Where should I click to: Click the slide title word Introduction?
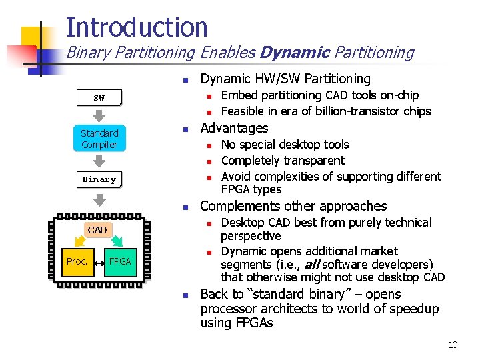coord(137,27)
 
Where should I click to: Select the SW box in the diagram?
coord(99,98)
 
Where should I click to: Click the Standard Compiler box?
coord(99,139)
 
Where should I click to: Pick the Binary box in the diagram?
coord(99,179)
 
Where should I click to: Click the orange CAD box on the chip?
coord(97,230)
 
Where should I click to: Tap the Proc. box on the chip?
coord(77,261)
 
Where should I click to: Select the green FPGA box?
coord(120,261)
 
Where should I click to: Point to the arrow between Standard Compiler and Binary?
coord(99,161)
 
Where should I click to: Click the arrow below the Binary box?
coord(99,199)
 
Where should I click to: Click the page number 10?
coord(453,345)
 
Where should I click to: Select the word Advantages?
coord(234,128)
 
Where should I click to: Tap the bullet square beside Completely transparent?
coord(208,161)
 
